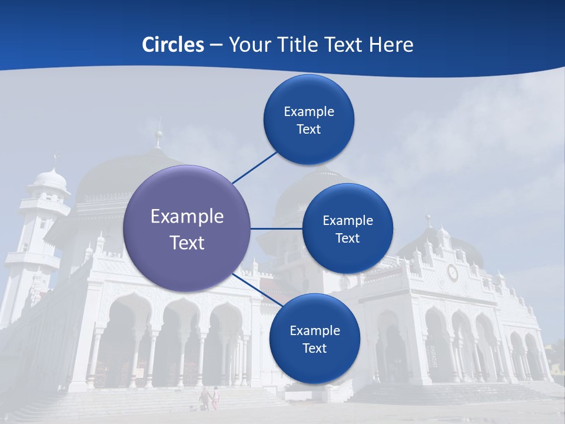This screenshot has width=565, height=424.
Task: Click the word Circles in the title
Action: [173, 45]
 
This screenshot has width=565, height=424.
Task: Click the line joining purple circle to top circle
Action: [254, 167]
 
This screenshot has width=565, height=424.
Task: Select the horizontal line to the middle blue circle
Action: [277, 228]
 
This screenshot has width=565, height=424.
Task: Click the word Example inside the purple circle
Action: [187, 217]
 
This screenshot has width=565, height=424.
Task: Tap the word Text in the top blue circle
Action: [308, 130]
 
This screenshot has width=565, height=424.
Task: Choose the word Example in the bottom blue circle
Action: [314, 331]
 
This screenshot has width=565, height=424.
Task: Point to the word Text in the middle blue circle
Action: [347, 238]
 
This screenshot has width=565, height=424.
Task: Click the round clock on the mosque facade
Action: [452, 272]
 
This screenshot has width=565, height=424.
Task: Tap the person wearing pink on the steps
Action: [215, 397]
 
